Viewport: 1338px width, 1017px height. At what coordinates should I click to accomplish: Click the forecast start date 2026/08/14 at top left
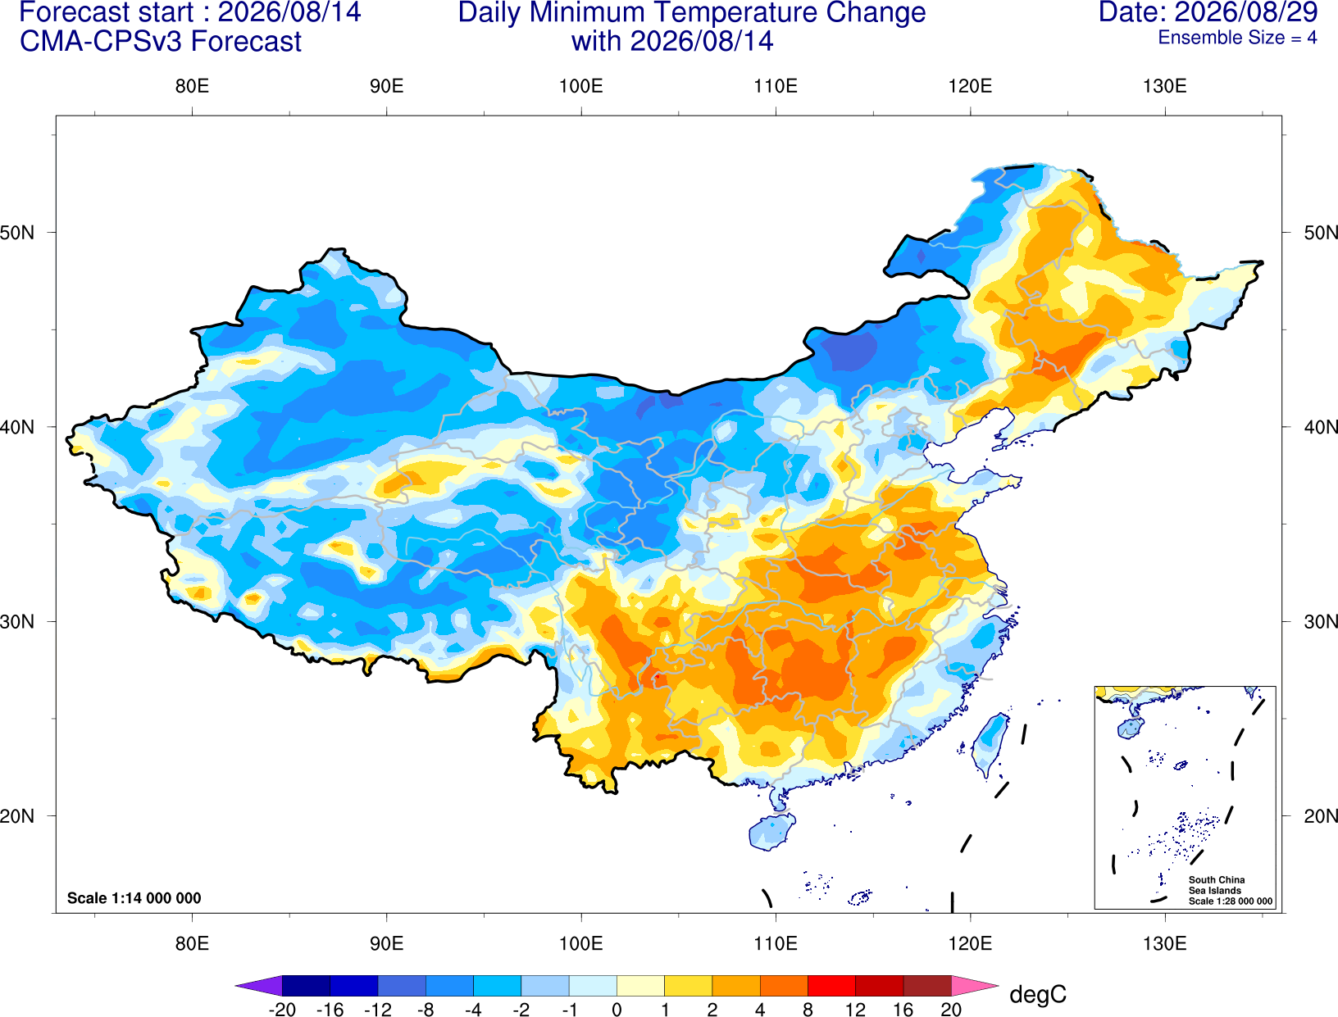click(x=289, y=12)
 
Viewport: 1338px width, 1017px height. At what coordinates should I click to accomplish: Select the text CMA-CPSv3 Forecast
click(x=161, y=42)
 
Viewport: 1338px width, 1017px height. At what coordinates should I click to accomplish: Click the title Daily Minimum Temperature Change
click(x=692, y=13)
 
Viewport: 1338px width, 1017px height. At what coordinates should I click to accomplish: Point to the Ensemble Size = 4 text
click(x=1237, y=38)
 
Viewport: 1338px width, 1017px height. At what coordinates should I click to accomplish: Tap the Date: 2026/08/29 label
click(x=1208, y=12)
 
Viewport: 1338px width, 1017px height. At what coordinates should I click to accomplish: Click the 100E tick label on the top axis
click(x=581, y=86)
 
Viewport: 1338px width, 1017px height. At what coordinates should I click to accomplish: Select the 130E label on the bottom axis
click(x=1165, y=944)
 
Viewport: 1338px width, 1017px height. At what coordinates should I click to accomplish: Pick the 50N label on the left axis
click(x=17, y=232)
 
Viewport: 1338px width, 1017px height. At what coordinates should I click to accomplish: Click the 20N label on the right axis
click(x=1320, y=816)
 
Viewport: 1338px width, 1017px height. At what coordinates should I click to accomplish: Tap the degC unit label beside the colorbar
click(x=1038, y=994)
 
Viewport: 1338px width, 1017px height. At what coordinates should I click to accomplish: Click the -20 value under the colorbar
click(x=282, y=1010)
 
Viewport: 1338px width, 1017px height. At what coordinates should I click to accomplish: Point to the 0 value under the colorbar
click(x=617, y=1010)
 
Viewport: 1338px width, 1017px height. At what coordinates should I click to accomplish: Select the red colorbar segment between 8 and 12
click(x=831, y=985)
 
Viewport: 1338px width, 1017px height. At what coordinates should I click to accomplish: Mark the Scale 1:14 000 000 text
click(x=134, y=897)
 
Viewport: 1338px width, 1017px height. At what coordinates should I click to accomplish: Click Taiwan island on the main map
click(x=989, y=744)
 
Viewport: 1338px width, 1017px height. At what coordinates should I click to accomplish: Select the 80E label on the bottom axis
click(x=192, y=944)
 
